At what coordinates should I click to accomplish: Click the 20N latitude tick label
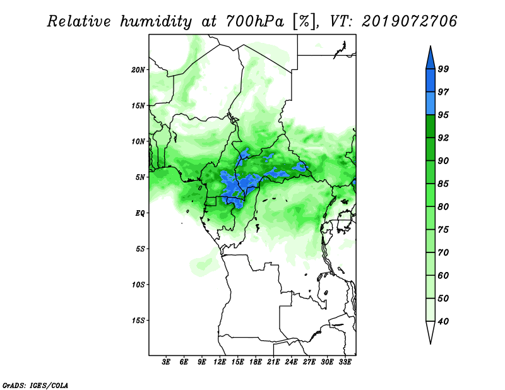point(138,70)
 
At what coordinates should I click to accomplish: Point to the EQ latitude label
point(140,213)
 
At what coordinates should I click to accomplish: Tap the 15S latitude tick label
point(138,321)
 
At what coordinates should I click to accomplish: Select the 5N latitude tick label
point(140,177)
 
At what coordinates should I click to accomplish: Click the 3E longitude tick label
point(166,362)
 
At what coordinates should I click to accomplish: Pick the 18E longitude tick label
point(256,362)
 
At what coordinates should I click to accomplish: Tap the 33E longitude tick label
point(345,362)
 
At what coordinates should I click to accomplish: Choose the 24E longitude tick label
point(291,362)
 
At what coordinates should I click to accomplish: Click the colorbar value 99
point(443,69)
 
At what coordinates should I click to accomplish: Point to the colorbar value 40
point(443,321)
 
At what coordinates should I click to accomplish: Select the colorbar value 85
point(443,184)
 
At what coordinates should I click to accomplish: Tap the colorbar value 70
point(443,252)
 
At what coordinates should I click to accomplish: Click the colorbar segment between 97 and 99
point(431,81)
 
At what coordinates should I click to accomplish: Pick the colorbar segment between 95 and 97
point(431,103)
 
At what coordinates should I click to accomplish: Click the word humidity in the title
point(156,22)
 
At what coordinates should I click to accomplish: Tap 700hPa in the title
point(255,22)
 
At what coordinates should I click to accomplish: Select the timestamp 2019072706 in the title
point(409,21)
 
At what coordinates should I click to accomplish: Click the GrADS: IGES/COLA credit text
point(35,385)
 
